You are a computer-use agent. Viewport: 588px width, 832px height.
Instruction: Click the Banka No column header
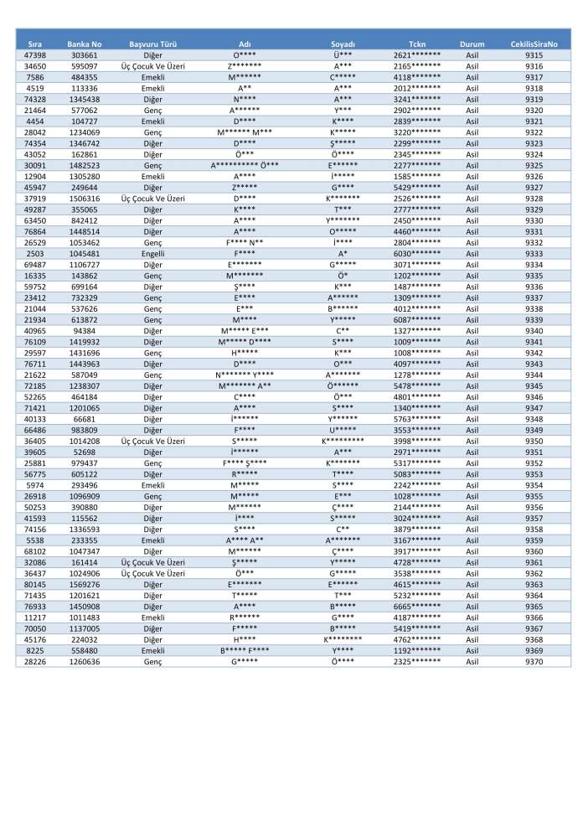click(x=84, y=43)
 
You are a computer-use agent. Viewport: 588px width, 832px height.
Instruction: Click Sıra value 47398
click(x=35, y=54)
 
